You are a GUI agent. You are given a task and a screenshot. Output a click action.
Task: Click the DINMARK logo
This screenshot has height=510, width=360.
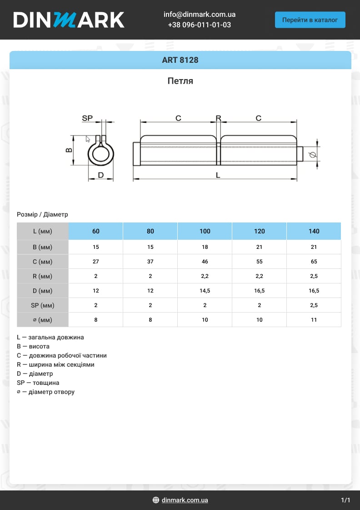pyautogui.click(x=69, y=20)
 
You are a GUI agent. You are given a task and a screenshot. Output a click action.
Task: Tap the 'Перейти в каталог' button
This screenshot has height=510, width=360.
pyautogui.click(x=310, y=20)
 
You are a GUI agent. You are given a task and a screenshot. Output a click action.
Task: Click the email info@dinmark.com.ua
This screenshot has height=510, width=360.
pyautogui.click(x=200, y=14)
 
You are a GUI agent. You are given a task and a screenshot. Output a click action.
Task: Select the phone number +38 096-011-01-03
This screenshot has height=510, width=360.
pyautogui.click(x=200, y=25)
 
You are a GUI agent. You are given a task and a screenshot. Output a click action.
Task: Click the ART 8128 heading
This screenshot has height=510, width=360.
pyautogui.click(x=180, y=60)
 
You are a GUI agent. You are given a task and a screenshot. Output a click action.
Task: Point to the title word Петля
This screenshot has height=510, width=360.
pyautogui.click(x=180, y=81)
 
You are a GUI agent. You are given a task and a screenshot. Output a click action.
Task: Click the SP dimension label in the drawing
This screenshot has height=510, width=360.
pyautogui.click(x=87, y=118)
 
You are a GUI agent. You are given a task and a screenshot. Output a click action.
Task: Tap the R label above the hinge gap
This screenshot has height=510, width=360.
pyautogui.click(x=218, y=118)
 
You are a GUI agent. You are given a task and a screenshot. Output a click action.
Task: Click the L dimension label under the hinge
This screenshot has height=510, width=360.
pyautogui.click(x=218, y=175)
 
